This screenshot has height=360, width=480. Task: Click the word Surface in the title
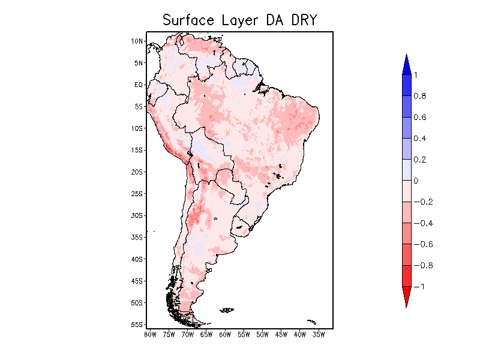(x=184, y=20)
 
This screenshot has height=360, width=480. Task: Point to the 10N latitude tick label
(x=137, y=41)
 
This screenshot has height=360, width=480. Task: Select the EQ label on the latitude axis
(x=139, y=85)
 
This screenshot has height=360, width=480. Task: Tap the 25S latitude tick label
(x=137, y=194)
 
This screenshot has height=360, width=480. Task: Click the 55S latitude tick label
(x=137, y=325)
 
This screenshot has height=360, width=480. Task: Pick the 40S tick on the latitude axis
(x=137, y=259)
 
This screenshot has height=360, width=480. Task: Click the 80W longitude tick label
(x=150, y=334)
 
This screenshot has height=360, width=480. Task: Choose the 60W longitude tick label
(x=225, y=334)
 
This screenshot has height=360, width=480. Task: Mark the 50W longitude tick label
(x=262, y=334)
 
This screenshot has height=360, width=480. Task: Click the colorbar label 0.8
(x=419, y=96)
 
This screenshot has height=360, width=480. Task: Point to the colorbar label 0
(x=415, y=181)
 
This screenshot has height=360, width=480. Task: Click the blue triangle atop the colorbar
(x=406, y=64)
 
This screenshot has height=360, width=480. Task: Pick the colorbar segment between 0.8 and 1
(x=406, y=85)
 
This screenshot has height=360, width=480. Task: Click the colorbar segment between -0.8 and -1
(x=406, y=276)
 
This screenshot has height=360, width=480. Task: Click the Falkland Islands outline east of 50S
(x=227, y=310)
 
